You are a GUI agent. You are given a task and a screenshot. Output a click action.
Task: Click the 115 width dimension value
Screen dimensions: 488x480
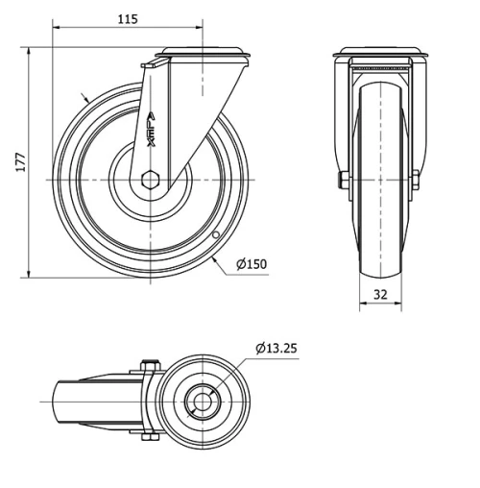pyautogui.click(x=128, y=19)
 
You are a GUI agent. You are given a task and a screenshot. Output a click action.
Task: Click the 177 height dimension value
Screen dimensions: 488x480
pyautogui.click(x=20, y=160)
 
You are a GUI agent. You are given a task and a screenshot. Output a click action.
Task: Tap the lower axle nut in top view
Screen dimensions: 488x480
pyautogui.click(x=146, y=439)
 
